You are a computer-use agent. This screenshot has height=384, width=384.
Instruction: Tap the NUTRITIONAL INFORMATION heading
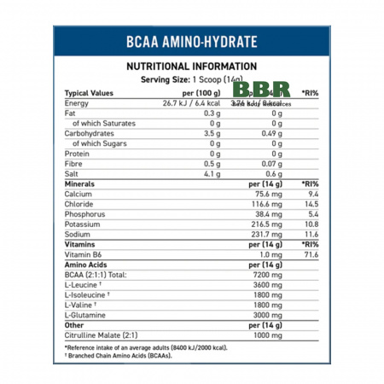coord(191,67)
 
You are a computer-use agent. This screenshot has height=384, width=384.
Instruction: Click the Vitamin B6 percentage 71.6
coord(311,254)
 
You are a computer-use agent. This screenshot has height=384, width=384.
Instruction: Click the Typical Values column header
coord(90,92)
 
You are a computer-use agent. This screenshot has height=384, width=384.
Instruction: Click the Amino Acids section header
coord(87,265)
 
